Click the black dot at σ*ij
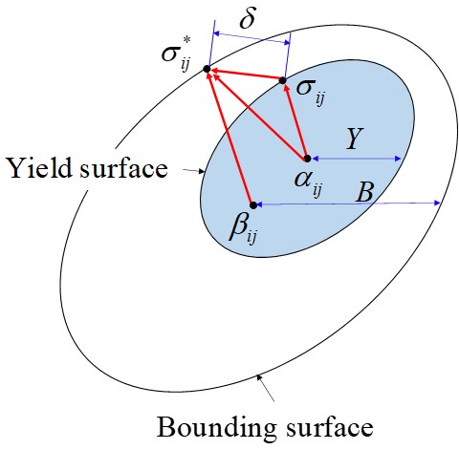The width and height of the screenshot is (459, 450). coord(207,70)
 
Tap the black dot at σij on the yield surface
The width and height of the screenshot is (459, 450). coord(283,81)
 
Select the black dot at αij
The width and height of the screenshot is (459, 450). coord(306,158)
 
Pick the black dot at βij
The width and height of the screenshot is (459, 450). coord(253,204)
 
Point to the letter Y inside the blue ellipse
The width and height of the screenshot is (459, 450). coord(353,139)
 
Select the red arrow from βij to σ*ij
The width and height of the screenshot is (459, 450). coord(229,137)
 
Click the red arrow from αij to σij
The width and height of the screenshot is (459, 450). coord(295,119)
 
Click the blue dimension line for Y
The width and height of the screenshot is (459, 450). coord(356,158)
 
